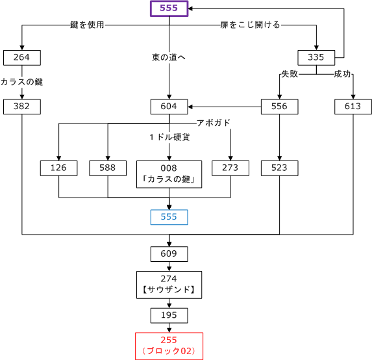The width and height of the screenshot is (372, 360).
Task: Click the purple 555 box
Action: click(x=169, y=8)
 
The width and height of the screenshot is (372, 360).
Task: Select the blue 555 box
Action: click(x=169, y=217)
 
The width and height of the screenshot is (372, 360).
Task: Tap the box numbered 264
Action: click(x=22, y=58)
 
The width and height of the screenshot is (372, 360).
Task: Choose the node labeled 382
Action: click(x=22, y=107)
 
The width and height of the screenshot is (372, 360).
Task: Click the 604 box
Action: click(x=169, y=107)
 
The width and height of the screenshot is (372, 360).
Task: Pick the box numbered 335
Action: click(x=316, y=58)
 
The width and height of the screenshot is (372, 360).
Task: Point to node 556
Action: click(x=279, y=107)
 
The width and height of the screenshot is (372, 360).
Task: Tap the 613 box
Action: click(x=353, y=107)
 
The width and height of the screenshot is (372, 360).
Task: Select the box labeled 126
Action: click(x=58, y=168)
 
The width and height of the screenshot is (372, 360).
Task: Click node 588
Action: click(x=108, y=168)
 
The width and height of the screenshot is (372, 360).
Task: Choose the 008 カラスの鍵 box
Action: click(x=169, y=174)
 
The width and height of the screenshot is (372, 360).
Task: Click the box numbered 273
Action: click(x=230, y=168)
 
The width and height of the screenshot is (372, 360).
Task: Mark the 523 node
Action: click(x=279, y=168)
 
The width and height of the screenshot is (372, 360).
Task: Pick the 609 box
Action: click(x=169, y=254)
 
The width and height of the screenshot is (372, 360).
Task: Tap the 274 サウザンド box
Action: click(x=169, y=285)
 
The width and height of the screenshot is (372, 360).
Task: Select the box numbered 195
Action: click(x=169, y=316)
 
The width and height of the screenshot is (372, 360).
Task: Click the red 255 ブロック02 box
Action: click(x=169, y=346)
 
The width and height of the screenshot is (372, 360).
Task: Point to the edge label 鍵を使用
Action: click(x=87, y=25)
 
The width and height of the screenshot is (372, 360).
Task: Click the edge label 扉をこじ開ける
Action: click(x=251, y=25)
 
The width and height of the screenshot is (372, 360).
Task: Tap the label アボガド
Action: click(x=214, y=123)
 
